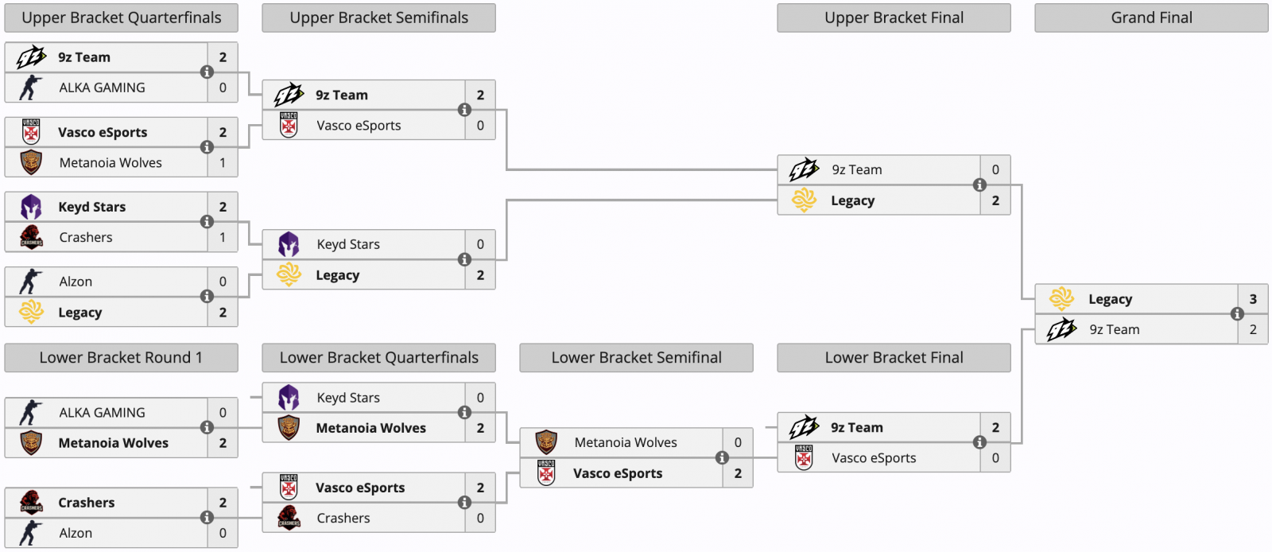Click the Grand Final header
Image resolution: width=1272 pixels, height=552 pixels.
pyautogui.click(x=1151, y=17)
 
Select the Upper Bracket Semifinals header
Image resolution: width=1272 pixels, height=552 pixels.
pyautogui.click(x=378, y=17)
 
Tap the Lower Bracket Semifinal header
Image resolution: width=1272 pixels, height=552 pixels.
pyautogui.click(x=636, y=358)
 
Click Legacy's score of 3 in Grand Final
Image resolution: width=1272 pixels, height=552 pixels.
pyautogui.click(x=1253, y=299)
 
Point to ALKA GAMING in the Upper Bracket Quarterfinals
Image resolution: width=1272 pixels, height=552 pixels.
pyautogui.click(x=102, y=87)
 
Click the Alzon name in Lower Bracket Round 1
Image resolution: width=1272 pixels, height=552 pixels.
pyautogui.click(x=76, y=533)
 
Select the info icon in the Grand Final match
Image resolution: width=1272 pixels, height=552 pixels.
pyautogui.click(x=1237, y=314)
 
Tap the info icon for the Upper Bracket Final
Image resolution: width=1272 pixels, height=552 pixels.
pyautogui.click(x=979, y=185)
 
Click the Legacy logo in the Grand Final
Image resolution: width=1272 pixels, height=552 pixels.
pyautogui.click(x=1061, y=299)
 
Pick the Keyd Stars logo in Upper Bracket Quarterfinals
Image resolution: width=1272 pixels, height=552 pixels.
pyautogui.click(x=31, y=207)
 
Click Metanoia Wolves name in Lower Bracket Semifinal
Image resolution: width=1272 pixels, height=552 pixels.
pyautogui.click(x=626, y=442)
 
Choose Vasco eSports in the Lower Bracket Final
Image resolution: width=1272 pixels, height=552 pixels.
pyautogui.click(x=874, y=458)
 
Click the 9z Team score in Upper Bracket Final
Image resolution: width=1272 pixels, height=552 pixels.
pyautogui.click(x=995, y=169)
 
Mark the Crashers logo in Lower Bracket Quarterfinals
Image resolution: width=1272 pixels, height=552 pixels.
pyautogui.click(x=289, y=518)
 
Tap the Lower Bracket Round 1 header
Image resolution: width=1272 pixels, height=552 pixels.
pyautogui.click(x=121, y=358)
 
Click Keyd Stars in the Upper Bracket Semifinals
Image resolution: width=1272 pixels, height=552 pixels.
pyautogui.click(x=348, y=244)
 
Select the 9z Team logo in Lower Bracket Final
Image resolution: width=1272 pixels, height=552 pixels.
pyautogui.click(x=804, y=427)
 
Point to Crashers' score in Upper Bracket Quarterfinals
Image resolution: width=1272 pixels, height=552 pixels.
pyautogui.click(x=223, y=237)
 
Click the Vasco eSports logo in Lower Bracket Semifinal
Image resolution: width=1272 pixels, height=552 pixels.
pyautogui.click(x=546, y=473)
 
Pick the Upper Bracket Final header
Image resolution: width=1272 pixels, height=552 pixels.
pyautogui.click(x=894, y=17)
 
